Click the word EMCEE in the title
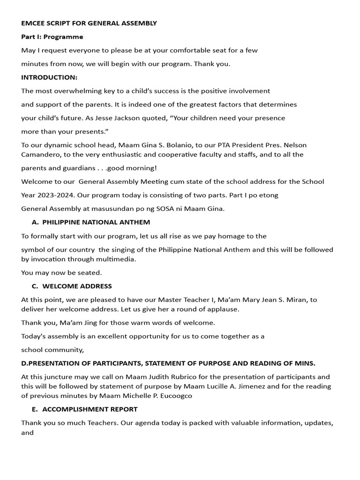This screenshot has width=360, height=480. point(32,23)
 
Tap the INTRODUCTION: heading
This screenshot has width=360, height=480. point(49,77)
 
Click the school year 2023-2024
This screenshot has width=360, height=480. point(54,195)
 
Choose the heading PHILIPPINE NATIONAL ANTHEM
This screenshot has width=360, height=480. point(96,222)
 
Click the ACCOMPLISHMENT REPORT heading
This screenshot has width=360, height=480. point(90,409)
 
